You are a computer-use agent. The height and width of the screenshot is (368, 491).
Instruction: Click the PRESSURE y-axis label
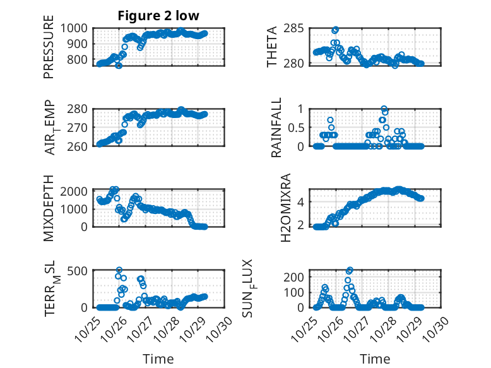tap(49, 52)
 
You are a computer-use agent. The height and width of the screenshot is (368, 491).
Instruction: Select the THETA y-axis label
tap(272, 47)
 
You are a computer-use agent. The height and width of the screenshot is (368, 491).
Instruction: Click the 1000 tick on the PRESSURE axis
tap(78, 28)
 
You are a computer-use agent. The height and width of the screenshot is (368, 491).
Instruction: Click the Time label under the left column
tap(158, 359)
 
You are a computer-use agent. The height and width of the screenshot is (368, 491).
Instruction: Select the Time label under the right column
tap(376, 359)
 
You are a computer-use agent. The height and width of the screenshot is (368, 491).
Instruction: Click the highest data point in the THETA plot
tap(335, 30)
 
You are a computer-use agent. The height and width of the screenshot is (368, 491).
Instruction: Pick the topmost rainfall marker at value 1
tap(384, 109)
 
